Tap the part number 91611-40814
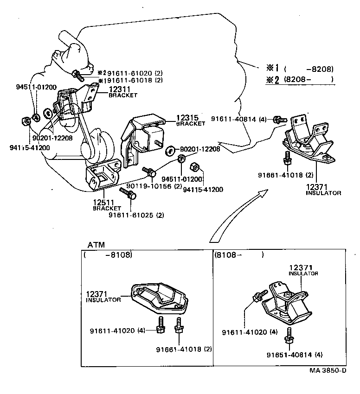point(233,119)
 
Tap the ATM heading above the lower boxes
point(96,245)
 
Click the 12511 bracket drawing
point(103,176)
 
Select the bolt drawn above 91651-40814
point(289,336)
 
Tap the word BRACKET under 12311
point(123,95)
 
